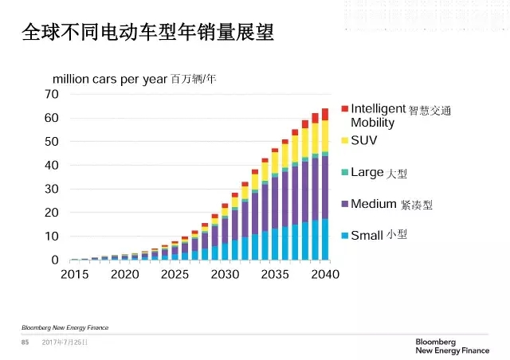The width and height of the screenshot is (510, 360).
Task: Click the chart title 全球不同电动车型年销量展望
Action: coord(147,33)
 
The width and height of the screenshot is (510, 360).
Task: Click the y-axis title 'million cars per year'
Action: coord(110,79)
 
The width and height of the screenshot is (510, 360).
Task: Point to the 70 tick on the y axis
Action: coord(52,94)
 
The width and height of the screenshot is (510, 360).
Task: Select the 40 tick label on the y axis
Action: coord(52,165)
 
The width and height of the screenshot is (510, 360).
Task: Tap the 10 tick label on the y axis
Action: coord(52,236)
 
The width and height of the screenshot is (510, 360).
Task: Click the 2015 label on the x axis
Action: coord(74,274)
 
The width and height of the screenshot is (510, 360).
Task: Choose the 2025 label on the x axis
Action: coord(175,274)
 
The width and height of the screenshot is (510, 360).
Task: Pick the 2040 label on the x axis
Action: coord(324,274)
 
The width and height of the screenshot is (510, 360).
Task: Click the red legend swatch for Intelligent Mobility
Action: coord(344,108)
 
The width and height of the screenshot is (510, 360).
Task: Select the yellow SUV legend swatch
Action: coord(344,140)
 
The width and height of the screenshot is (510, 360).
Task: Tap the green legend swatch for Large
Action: coord(344,172)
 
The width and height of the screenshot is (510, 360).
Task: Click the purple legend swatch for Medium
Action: coord(344,204)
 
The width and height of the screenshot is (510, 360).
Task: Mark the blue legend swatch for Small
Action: coord(344,235)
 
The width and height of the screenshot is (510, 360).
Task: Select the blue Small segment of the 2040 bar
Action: coord(324,240)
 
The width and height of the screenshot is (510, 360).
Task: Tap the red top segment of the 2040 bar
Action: coord(324,114)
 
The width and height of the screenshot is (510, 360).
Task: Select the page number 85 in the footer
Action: coord(25,342)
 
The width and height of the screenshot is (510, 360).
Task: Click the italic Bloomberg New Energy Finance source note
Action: coord(65,327)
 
